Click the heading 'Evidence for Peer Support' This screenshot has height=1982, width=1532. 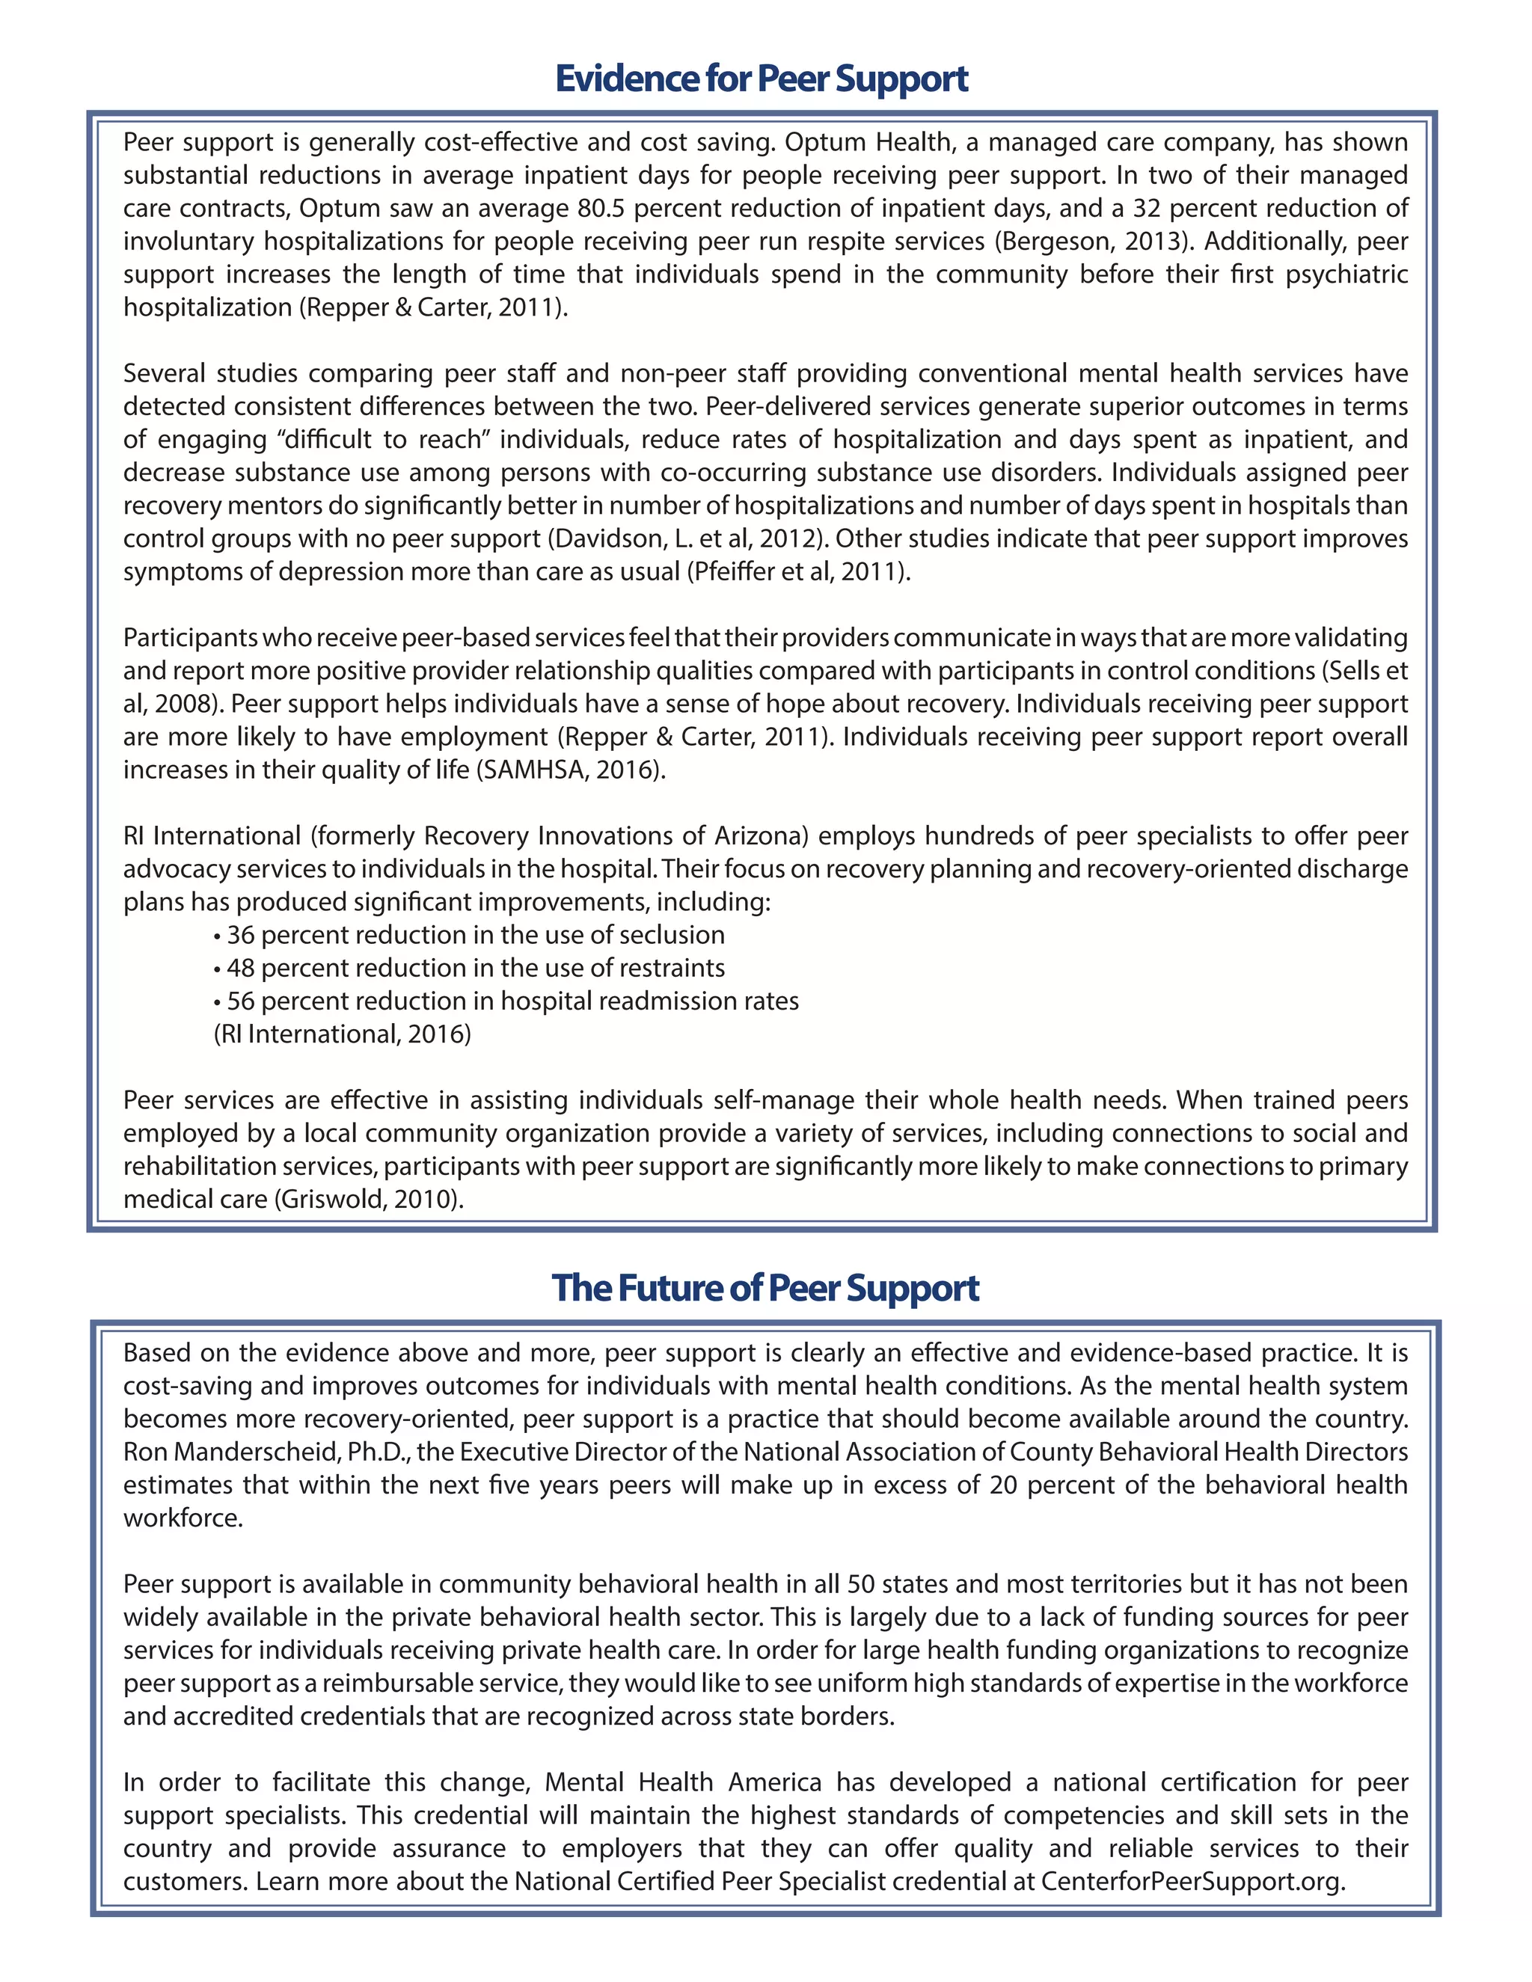762,79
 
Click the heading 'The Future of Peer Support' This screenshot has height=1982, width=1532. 765,1288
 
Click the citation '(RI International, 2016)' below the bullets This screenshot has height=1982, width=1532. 342,1034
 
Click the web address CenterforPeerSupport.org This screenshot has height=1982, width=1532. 1191,1881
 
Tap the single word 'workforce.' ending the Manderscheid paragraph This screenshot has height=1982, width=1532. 183,1518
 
